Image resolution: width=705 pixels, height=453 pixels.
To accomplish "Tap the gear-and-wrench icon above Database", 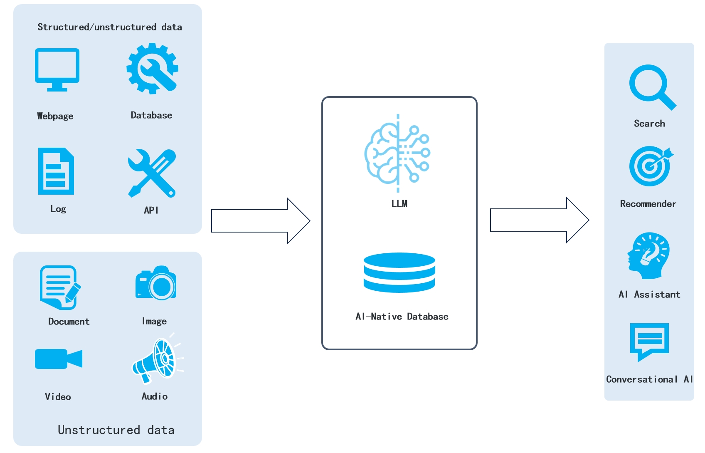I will (152, 68).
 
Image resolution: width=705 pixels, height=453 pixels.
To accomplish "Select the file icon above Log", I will (56, 171).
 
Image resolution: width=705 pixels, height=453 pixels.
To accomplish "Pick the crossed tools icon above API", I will (152, 173).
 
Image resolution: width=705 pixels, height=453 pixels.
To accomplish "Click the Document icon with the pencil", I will (59, 287).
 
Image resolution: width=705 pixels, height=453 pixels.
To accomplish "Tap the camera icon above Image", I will (156, 283).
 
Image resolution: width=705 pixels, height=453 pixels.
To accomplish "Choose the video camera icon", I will (58, 359).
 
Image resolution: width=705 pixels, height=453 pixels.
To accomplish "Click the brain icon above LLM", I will (397, 153).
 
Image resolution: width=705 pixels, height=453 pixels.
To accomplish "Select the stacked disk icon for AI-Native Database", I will (399, 272).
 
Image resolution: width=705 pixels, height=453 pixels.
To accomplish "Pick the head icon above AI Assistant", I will (648, 255).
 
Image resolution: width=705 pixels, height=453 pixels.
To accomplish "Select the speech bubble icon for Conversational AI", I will (649, 341).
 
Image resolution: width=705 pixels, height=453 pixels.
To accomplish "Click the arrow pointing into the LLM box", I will (260, 220).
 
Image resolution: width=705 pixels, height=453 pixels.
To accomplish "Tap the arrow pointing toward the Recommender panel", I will (539, 220).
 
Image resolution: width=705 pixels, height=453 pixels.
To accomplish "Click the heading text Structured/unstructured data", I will (110, 27).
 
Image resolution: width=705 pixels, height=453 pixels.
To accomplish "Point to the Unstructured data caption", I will (116, 430).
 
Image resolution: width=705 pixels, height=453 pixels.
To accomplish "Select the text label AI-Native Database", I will (402, 317).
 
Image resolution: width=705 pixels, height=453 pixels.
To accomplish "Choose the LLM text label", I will (399, 203).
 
